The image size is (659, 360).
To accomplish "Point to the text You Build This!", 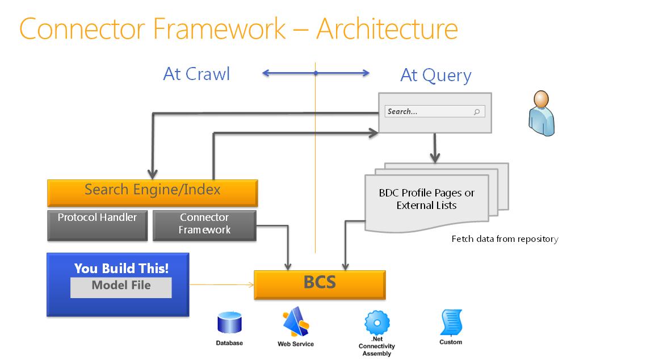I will point(121,268).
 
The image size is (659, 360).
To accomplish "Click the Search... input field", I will point(429,112).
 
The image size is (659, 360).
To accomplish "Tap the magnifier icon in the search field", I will point(477,112).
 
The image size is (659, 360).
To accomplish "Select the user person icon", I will point(541,114).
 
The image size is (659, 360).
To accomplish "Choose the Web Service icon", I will point(295,322).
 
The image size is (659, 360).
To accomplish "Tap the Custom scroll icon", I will point(451,323).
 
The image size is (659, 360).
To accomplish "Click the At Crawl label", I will point(196,74).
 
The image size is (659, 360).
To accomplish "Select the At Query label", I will point(435,75).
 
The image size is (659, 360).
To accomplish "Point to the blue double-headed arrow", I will point(316,73).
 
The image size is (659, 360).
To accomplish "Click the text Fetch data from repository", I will point(505,239).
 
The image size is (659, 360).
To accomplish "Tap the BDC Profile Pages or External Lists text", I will point(426,199).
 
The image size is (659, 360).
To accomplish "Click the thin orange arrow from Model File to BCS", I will point(221,284).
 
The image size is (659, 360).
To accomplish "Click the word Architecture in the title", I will point(387,28).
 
